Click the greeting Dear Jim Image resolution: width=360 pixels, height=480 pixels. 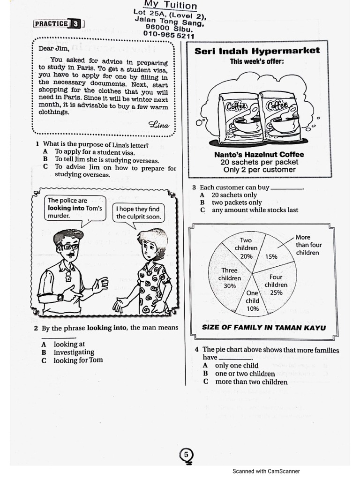point(53,49)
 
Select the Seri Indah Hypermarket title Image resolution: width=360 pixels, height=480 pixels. point(257,51)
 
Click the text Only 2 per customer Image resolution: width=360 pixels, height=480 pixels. point(259,170)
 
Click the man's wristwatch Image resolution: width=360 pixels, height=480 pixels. point(60,297)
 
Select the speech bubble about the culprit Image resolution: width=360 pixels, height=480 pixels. point(138,213)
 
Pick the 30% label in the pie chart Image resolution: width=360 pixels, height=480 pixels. point(230,286)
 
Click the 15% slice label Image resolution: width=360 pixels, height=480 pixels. point(271,256)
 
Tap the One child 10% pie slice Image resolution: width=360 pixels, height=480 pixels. point(253,301)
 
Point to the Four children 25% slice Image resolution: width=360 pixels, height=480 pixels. point(276,285)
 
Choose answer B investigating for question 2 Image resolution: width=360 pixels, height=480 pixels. point(74,352)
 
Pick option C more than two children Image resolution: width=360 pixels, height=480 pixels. point(251,382)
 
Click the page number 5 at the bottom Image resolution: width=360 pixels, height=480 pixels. point(186,455)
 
